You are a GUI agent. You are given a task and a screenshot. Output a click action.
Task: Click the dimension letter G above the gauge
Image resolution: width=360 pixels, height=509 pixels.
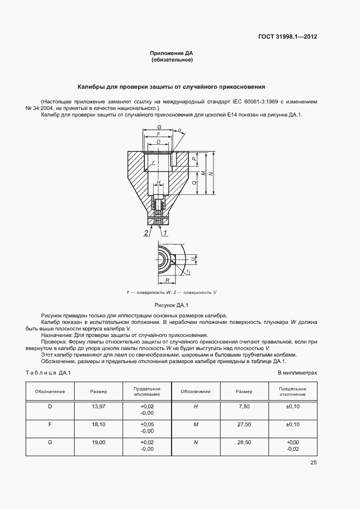click(158, 126)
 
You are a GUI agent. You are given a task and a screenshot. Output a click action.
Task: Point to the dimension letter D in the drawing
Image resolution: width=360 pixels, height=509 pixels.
click(158, 142)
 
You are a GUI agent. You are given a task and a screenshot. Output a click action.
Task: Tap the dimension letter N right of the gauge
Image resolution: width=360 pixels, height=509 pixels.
click(210, 173)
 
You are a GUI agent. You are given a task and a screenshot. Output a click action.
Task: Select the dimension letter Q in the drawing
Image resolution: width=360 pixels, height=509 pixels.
click(194, 183)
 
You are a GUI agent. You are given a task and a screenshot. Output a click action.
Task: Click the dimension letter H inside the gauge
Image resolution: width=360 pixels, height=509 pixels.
click(158, 182)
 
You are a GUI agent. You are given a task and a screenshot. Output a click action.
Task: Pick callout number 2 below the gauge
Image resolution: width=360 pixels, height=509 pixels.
click(146, 232)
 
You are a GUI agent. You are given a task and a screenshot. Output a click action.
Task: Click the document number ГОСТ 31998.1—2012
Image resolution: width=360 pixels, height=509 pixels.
click(288, 37)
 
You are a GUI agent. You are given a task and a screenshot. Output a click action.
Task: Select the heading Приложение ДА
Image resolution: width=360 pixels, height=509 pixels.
click(172, 53)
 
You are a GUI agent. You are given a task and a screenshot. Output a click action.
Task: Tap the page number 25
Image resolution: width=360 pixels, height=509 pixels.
click(313, 463)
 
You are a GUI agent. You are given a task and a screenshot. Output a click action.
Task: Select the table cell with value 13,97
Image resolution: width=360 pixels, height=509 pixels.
click(99, 407)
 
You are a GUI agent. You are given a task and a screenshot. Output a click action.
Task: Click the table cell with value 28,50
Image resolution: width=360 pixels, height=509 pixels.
click(244, 443)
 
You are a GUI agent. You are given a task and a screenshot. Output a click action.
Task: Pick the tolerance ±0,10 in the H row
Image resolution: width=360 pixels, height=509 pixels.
click(292, 407)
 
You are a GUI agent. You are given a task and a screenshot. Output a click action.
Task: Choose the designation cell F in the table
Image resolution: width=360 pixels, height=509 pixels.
click(50, 425)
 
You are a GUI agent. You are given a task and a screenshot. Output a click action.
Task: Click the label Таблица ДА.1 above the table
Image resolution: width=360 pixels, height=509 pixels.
click(48, 372)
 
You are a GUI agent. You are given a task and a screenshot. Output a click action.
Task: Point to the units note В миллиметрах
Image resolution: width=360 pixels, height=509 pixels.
click(297, 372)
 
